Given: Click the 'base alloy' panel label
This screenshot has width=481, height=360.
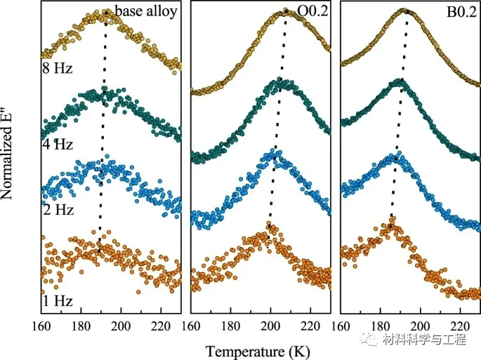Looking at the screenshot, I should [147, 11].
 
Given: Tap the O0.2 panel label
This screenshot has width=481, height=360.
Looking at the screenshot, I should [309, 12].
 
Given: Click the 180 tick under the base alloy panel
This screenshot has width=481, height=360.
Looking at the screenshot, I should [83, 326].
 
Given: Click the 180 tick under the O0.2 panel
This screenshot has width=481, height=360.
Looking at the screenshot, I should [231, 326].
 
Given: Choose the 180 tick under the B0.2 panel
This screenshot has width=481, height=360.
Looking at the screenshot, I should [381, 326].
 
